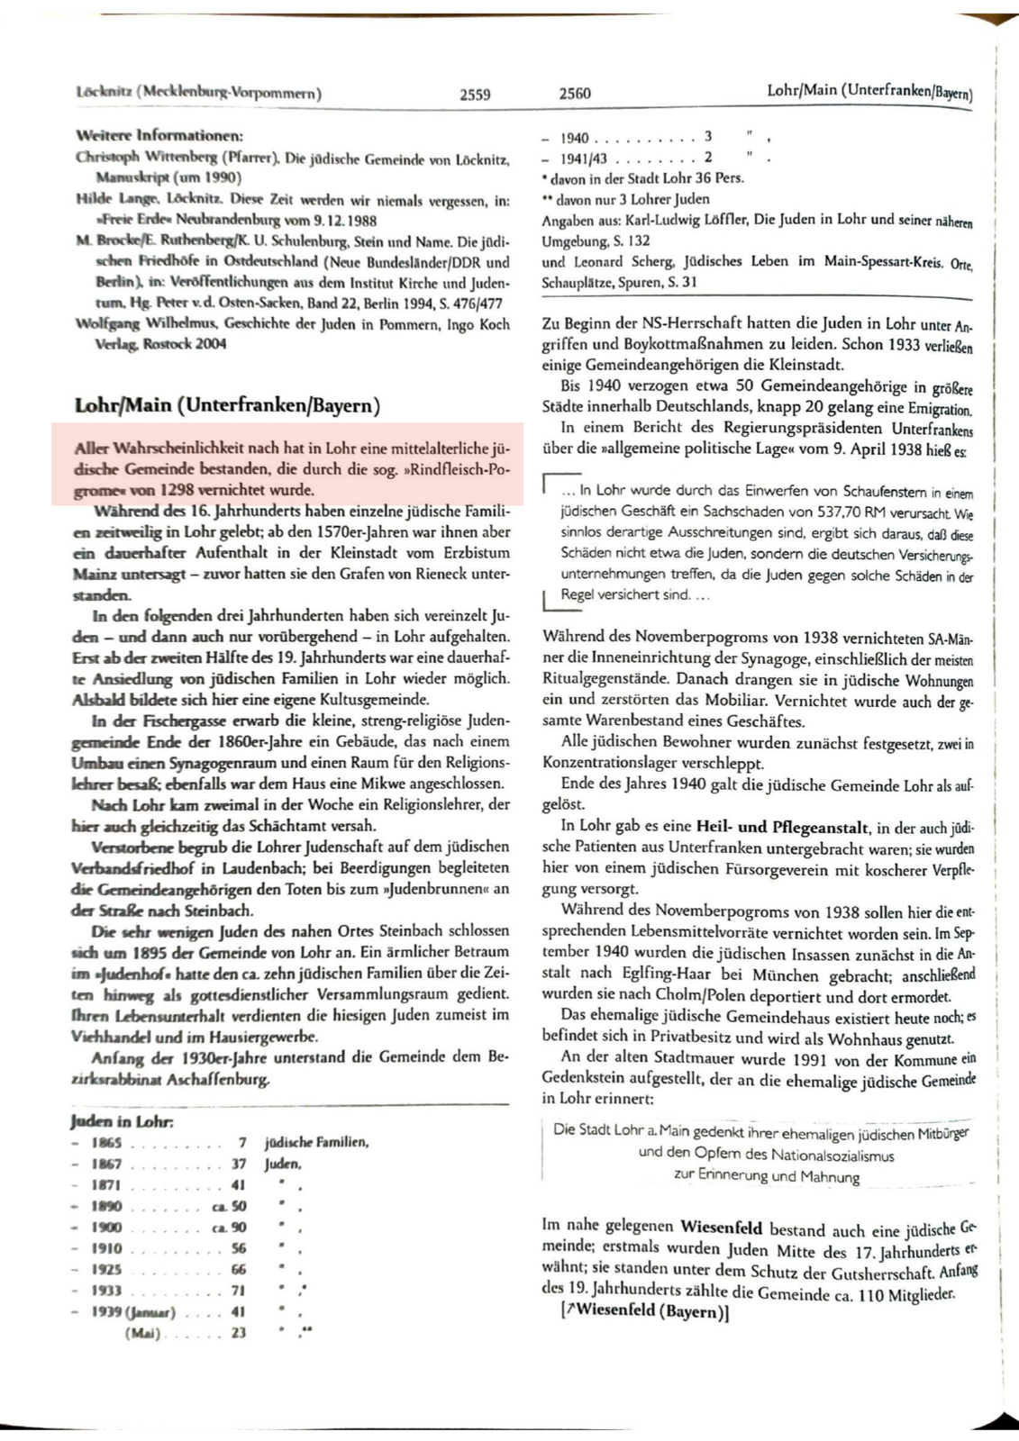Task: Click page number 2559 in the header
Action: coord(475,94)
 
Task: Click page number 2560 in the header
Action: coord(575,94)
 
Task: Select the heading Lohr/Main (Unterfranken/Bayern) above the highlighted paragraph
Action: coord(227,405)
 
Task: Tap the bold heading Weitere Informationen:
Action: coord(159,136)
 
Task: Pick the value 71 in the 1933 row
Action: coord(239,1291)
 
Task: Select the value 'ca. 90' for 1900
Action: coord(230,1228)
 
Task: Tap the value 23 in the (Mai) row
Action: coord(239,1333)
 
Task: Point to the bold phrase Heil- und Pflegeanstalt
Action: coord(782,827)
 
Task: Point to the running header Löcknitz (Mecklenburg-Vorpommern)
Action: coord(200,93)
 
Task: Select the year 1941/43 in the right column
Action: coord(584,159)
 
